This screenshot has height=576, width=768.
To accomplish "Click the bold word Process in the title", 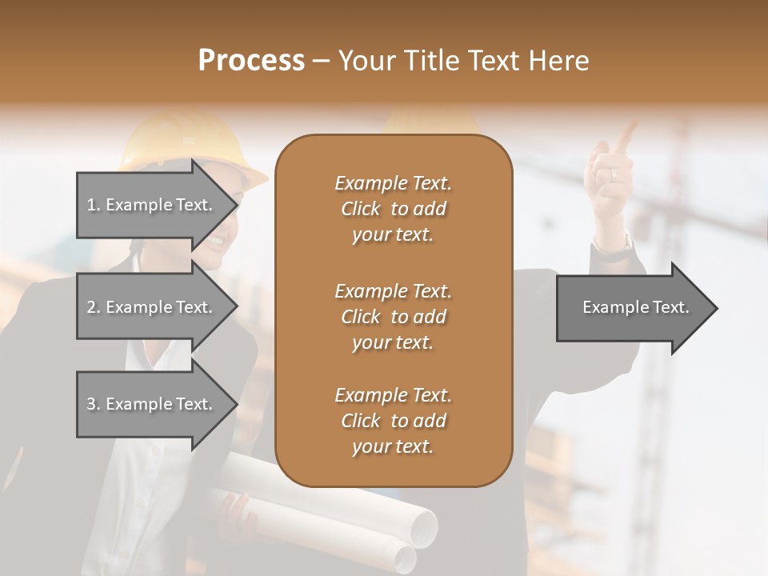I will point(251,61).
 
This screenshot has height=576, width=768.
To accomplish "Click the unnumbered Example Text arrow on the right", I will point(636,308).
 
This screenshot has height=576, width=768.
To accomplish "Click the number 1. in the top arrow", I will point(94,205).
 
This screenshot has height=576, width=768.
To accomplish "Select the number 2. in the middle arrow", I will point(94,307).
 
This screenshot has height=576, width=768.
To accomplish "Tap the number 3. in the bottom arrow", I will point(94,404).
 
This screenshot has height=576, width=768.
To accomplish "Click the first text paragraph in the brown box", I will point(393,209).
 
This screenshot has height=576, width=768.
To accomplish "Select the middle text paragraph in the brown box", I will point(393,317).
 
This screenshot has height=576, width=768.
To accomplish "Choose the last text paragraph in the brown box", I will point(393,421).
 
